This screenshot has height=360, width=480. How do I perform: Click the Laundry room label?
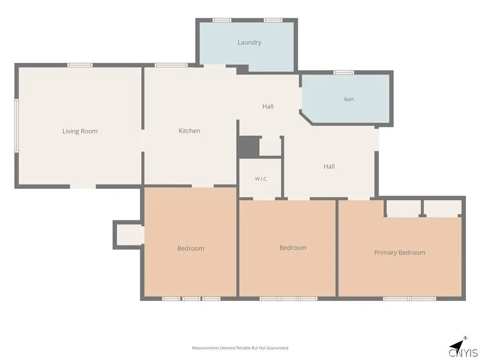click(249, 43)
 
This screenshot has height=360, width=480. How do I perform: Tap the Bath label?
click(349, 99)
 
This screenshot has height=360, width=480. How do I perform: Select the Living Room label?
click(80, 131)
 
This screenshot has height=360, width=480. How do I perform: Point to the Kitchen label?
click(189, 131)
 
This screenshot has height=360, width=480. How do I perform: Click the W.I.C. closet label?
click(261, 179)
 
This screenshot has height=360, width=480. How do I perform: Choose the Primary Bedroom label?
click(399, 253)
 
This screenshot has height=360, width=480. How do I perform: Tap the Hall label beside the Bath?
click(268, 106)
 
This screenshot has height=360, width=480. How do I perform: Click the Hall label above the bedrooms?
click(329, 166)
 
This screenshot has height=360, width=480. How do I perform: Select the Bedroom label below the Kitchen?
click(190, 248)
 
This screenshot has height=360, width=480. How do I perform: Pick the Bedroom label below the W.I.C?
click(292, 247)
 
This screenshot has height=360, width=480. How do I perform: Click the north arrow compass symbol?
click(458, 344)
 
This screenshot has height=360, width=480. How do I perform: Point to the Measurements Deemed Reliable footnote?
click(240, 348)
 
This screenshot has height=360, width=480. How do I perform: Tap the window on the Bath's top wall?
click(344, 73)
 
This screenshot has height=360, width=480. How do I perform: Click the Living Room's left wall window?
click(16, 125)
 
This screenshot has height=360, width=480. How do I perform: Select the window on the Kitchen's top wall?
click(171, 65)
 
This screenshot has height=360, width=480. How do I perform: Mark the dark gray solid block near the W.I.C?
click(248, 147)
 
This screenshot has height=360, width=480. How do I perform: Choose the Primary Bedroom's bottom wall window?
click(409, 299)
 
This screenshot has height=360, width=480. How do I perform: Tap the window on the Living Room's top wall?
click(80, 65)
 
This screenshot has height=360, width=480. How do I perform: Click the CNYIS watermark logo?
click(463, 352)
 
